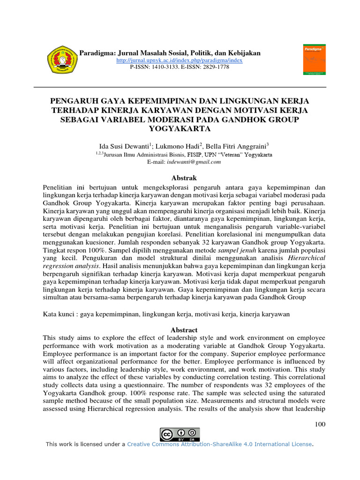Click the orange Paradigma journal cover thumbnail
(x=313, y=60)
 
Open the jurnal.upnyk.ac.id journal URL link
(x=179, y=61)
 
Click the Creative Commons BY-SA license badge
(x=180, y=435)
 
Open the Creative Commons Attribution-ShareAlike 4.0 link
(x=219, y=444)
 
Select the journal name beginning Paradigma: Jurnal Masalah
(x=171, y=53)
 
